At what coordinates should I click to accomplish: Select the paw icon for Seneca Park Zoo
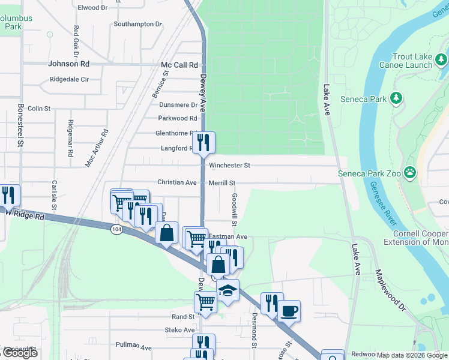[409, 173]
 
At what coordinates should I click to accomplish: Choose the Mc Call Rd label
[179, 64]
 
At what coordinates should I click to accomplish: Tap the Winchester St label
[229, 165]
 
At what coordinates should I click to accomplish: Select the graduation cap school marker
[228, 290]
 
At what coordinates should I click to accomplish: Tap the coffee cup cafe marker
[288, 311]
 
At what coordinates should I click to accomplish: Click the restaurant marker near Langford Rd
[203, 142]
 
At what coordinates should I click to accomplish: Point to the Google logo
[19, 353]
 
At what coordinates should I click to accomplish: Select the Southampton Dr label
[138, 25]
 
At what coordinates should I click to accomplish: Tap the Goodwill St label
[235, 209]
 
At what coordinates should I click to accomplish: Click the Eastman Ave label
[228, 237]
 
